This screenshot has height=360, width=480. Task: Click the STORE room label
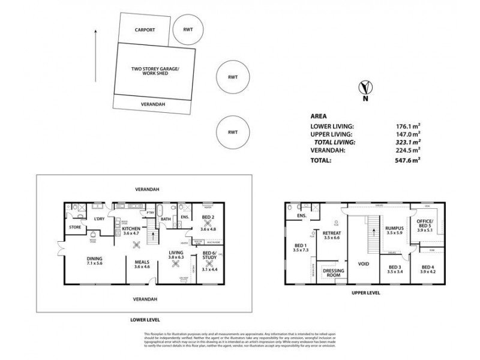[74, 227]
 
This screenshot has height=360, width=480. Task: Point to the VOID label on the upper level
[362, 263]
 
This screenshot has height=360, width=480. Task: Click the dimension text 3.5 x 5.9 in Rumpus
[394, 234]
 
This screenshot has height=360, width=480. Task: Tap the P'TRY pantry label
[150, 212]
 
